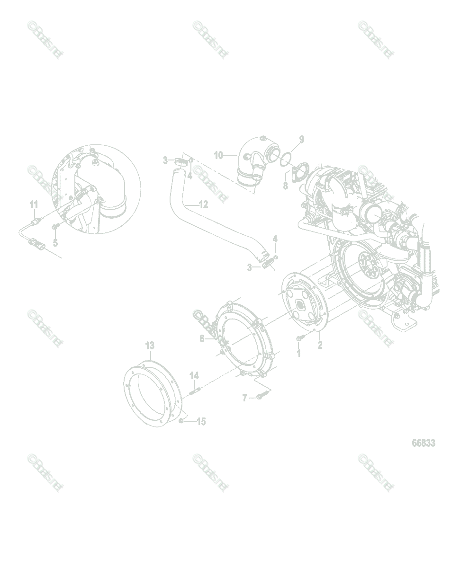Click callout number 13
[x=150, y=346]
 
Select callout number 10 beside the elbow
[x=218, y=155]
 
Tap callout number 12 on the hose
[x=203, y=204]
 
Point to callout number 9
[x=301, y=140]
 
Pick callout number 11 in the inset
[x=34, y=204]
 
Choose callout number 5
[x=55, y=243]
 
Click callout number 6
[x=202, y=338]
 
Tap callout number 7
[x=245, y=398]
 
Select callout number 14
[x=194, y=375]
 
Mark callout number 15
[x=201, y=421]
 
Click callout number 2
[x=320, y=345]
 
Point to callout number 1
[x=298, y=353]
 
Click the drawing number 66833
[x=423, y=443]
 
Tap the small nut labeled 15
[x=181, y=421]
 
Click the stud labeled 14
[x=194, y=391]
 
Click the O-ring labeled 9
[x=285, y=160]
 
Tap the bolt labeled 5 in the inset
[x=56, y=229]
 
